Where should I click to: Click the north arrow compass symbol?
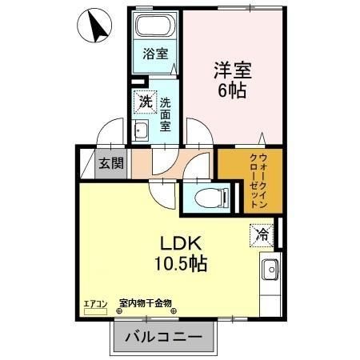point(95,28)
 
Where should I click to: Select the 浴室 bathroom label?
point(155,54)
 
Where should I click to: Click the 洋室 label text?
point(233,69)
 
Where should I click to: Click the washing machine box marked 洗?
point(145,102)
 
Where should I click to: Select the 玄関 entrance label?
point(111,164)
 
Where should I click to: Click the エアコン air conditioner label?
point(94,303)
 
